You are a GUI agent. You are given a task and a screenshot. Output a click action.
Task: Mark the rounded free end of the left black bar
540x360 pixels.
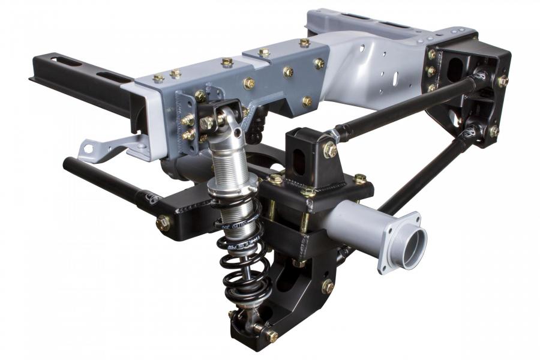pos(68,163)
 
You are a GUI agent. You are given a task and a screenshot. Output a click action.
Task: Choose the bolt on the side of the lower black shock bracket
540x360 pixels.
pos(328,286)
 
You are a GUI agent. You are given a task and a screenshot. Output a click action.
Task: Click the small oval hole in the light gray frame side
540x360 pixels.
pos(395,77)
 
